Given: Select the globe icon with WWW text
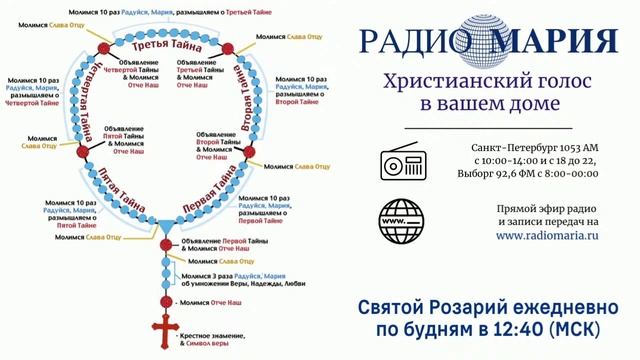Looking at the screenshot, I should tap(402, 219).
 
